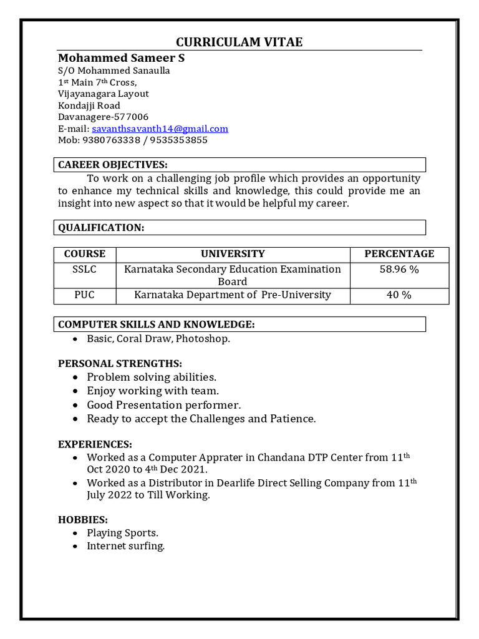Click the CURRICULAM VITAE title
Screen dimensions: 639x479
point(239,42)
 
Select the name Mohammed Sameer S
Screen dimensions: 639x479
point(121,58)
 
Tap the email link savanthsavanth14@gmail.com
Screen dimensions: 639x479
point(160,129)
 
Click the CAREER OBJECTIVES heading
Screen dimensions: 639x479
point(113,165)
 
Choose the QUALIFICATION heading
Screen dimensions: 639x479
point(101,228)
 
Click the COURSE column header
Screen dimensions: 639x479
point(85,254)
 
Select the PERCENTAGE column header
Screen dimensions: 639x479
point(399,254)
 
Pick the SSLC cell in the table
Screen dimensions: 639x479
point(85,270)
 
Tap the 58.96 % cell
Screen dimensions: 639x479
point(399,270)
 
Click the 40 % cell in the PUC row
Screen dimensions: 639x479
point(399,295)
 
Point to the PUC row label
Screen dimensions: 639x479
point(85,295)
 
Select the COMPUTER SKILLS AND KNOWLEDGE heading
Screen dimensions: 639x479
point(156,324)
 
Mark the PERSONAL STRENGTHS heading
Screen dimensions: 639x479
point(120,363)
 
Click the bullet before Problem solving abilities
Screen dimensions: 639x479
point(75,378)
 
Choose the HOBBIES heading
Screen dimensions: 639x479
point(83,519)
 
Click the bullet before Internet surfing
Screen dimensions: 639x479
point(75,547)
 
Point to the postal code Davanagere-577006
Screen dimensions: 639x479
point(104,117)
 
